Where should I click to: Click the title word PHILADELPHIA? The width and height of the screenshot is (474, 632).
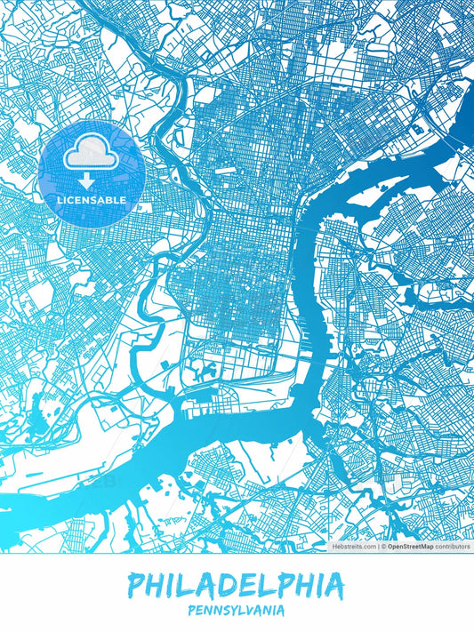(x=236, y=586)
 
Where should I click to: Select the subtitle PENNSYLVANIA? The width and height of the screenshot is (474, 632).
(x=236, y=611)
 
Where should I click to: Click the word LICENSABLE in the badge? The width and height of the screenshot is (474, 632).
(x=91, y=200)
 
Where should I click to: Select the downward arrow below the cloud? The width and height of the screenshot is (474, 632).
(x=87, y=181)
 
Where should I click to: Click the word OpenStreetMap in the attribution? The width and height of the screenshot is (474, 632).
(x=410, y=547)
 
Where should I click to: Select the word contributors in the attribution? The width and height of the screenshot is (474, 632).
(x=451, y=547)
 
